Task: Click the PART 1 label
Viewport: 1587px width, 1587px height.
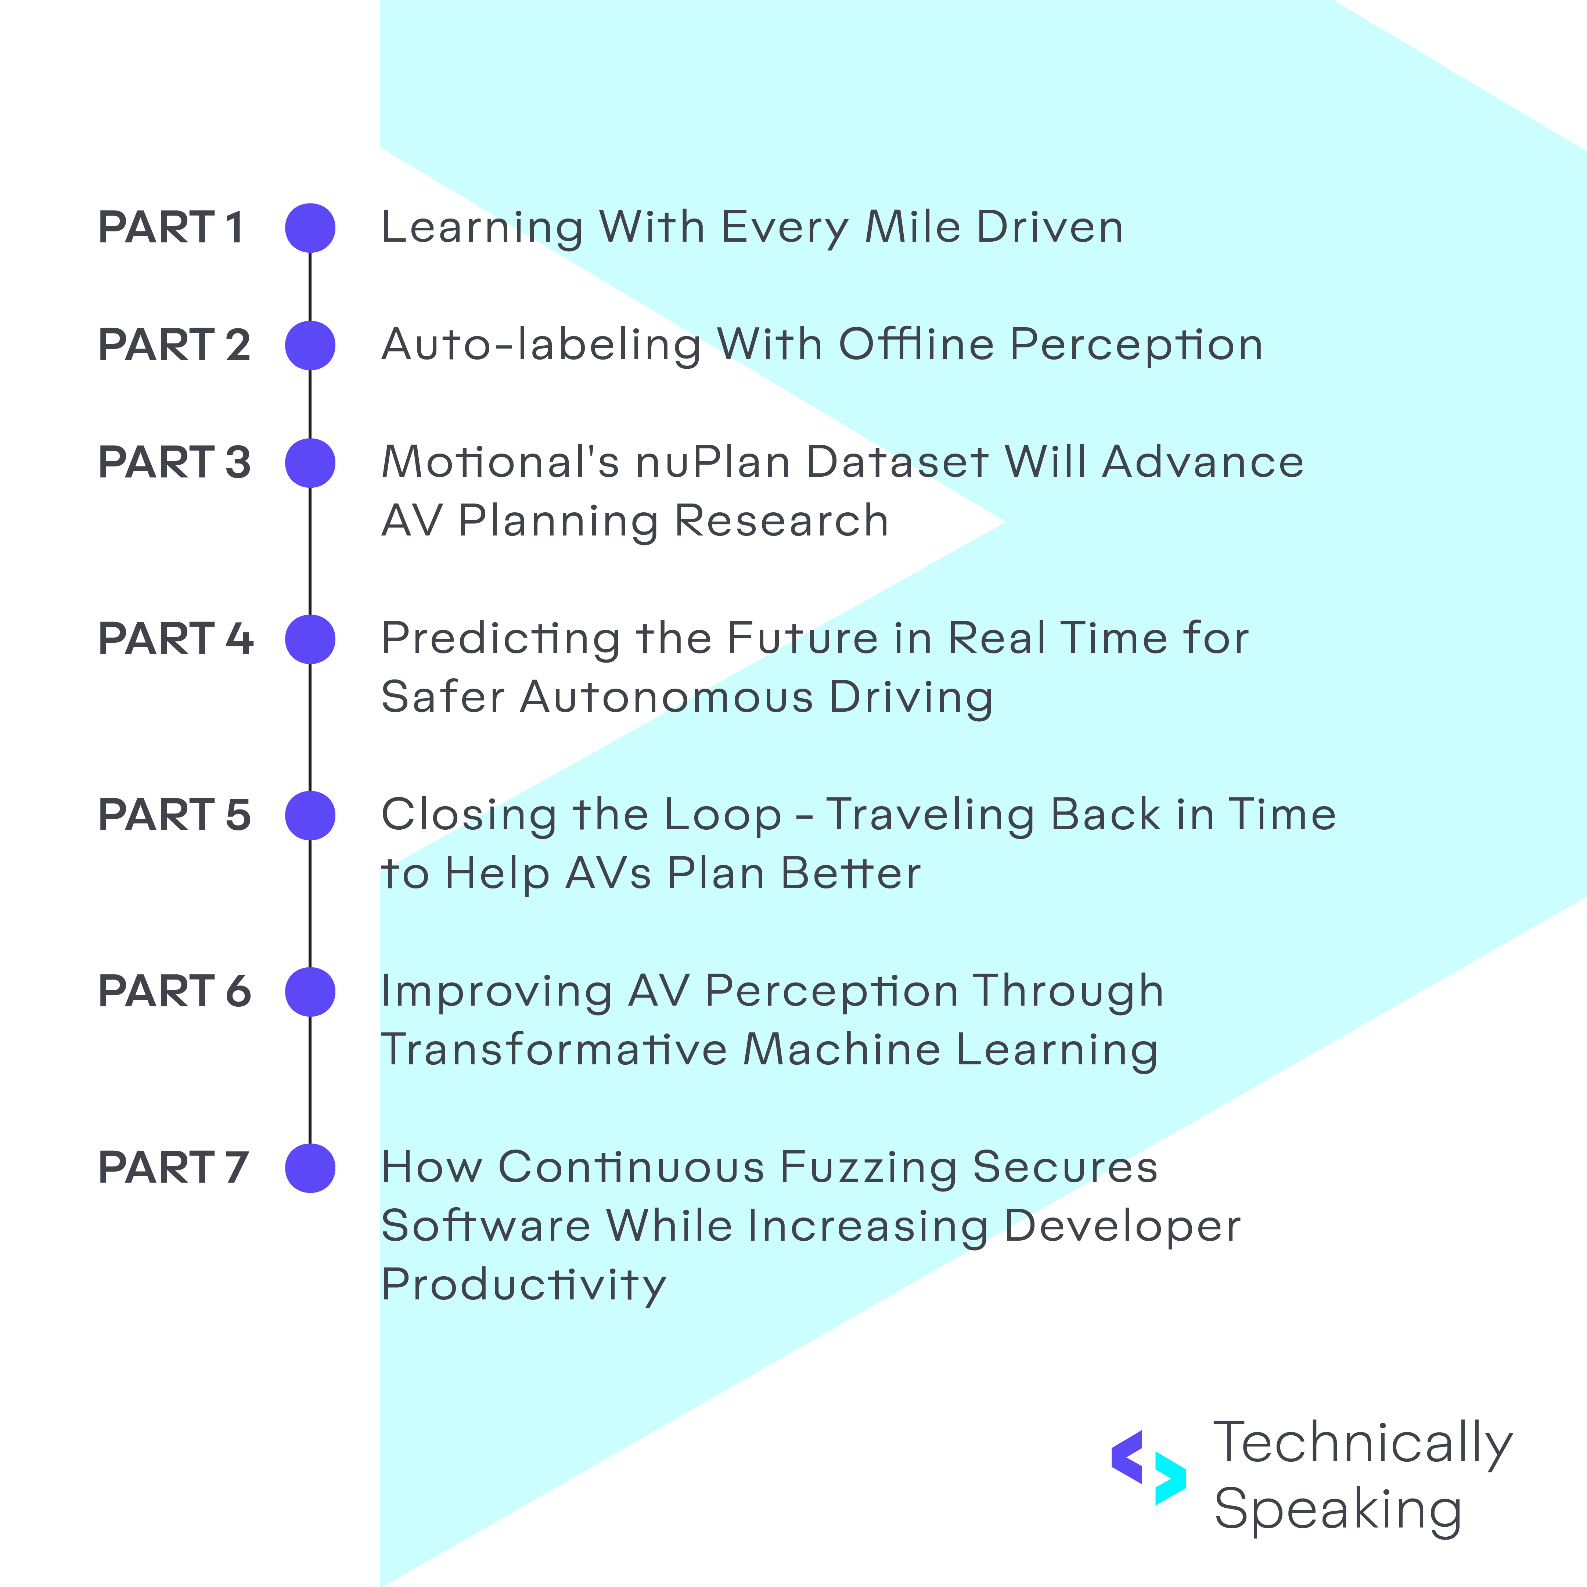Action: [x=171, y=228]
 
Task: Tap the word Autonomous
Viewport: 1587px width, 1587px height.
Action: [x=667, y=697]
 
